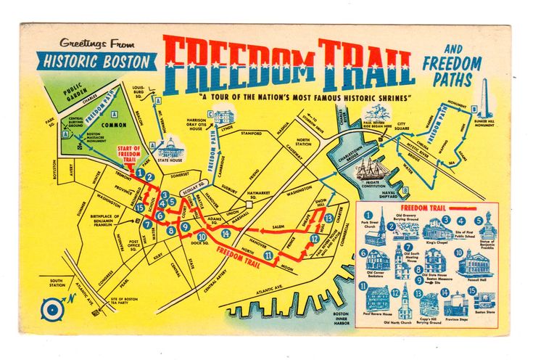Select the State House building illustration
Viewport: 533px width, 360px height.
[172, 148]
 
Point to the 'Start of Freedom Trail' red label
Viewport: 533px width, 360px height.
[128, 153]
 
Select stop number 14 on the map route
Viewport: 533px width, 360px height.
[226, 234]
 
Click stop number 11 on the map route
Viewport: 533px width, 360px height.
[270, 255]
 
